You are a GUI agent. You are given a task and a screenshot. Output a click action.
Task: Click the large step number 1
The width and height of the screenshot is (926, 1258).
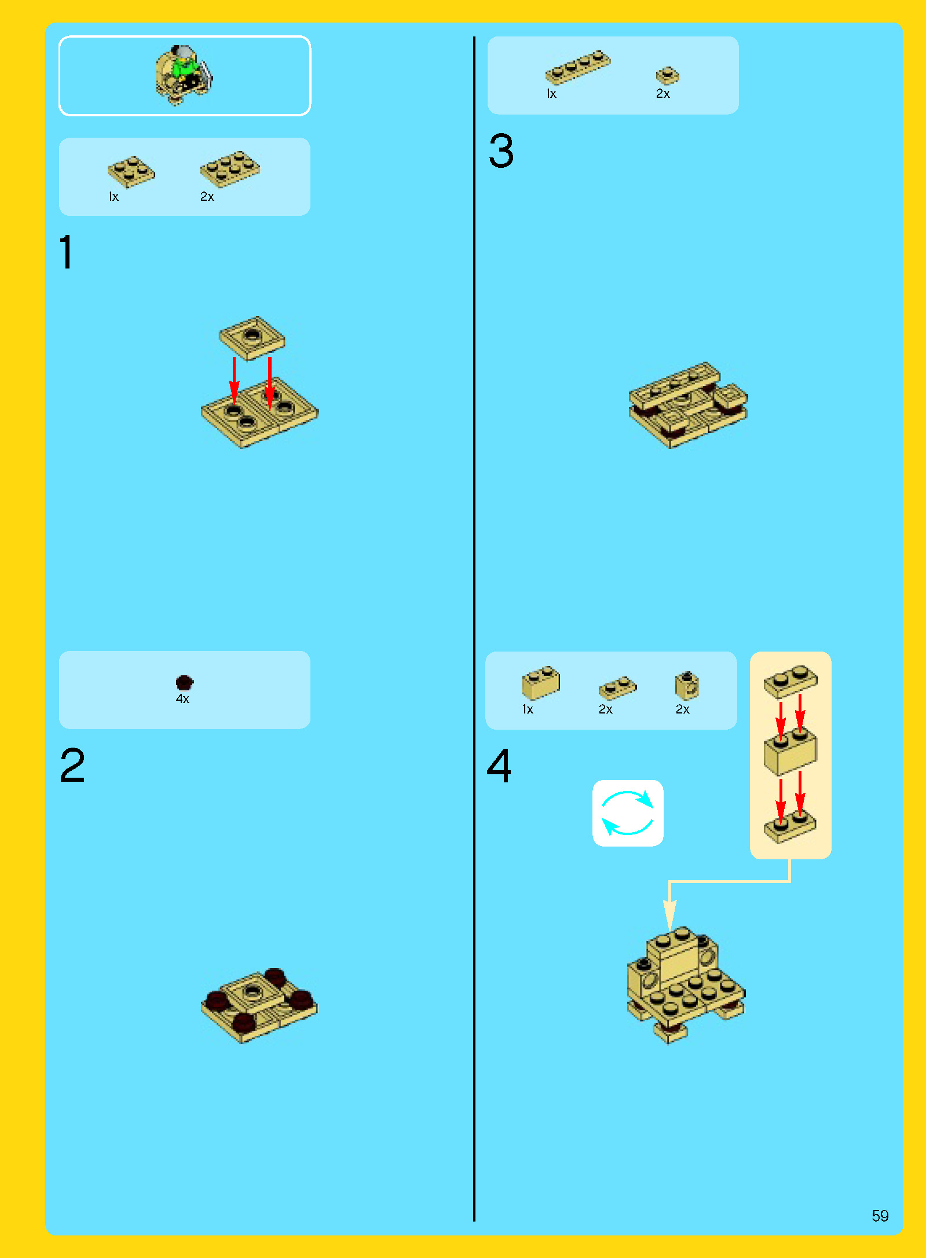(67, 252)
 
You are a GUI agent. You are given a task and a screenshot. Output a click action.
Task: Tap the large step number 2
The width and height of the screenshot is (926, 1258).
(72, 765)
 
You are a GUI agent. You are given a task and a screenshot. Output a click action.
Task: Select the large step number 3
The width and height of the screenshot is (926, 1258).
(501, 150)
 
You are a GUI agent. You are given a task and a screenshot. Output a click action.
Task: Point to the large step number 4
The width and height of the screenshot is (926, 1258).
(499, 766)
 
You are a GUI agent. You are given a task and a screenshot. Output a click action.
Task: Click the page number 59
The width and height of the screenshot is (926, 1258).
(880, 1215)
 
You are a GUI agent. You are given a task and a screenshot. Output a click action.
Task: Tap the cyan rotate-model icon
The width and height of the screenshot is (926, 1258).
(628, 813)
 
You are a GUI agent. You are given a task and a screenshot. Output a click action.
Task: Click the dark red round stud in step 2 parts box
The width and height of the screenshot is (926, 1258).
(184, 683)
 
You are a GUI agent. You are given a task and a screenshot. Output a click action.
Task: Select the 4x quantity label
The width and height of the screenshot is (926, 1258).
(182, 699)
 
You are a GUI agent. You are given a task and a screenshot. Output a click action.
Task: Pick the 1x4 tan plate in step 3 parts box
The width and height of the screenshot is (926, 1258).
(577, 67)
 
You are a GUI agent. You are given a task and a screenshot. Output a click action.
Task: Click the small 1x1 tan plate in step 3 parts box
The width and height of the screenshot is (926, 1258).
(667, 76)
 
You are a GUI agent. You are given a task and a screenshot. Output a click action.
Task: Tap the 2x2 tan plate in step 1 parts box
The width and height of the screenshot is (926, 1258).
(131, 172)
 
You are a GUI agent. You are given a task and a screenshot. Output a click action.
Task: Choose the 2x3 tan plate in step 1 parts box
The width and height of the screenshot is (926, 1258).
(230, 169)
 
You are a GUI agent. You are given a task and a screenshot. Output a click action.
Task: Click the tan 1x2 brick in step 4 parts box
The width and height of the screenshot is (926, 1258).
(541, 683)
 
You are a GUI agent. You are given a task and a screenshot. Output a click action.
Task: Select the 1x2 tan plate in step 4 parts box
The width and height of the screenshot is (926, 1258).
(617, 687)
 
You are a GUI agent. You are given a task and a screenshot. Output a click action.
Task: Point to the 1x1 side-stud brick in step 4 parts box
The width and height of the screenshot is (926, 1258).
(687, 686)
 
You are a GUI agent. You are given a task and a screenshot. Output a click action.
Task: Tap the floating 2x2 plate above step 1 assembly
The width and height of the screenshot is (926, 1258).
(252, 338)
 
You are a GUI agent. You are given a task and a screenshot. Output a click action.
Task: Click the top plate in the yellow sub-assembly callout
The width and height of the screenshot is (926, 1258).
(790, 681)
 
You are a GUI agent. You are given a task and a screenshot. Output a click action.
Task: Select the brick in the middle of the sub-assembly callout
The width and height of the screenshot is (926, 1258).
(790, 751)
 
